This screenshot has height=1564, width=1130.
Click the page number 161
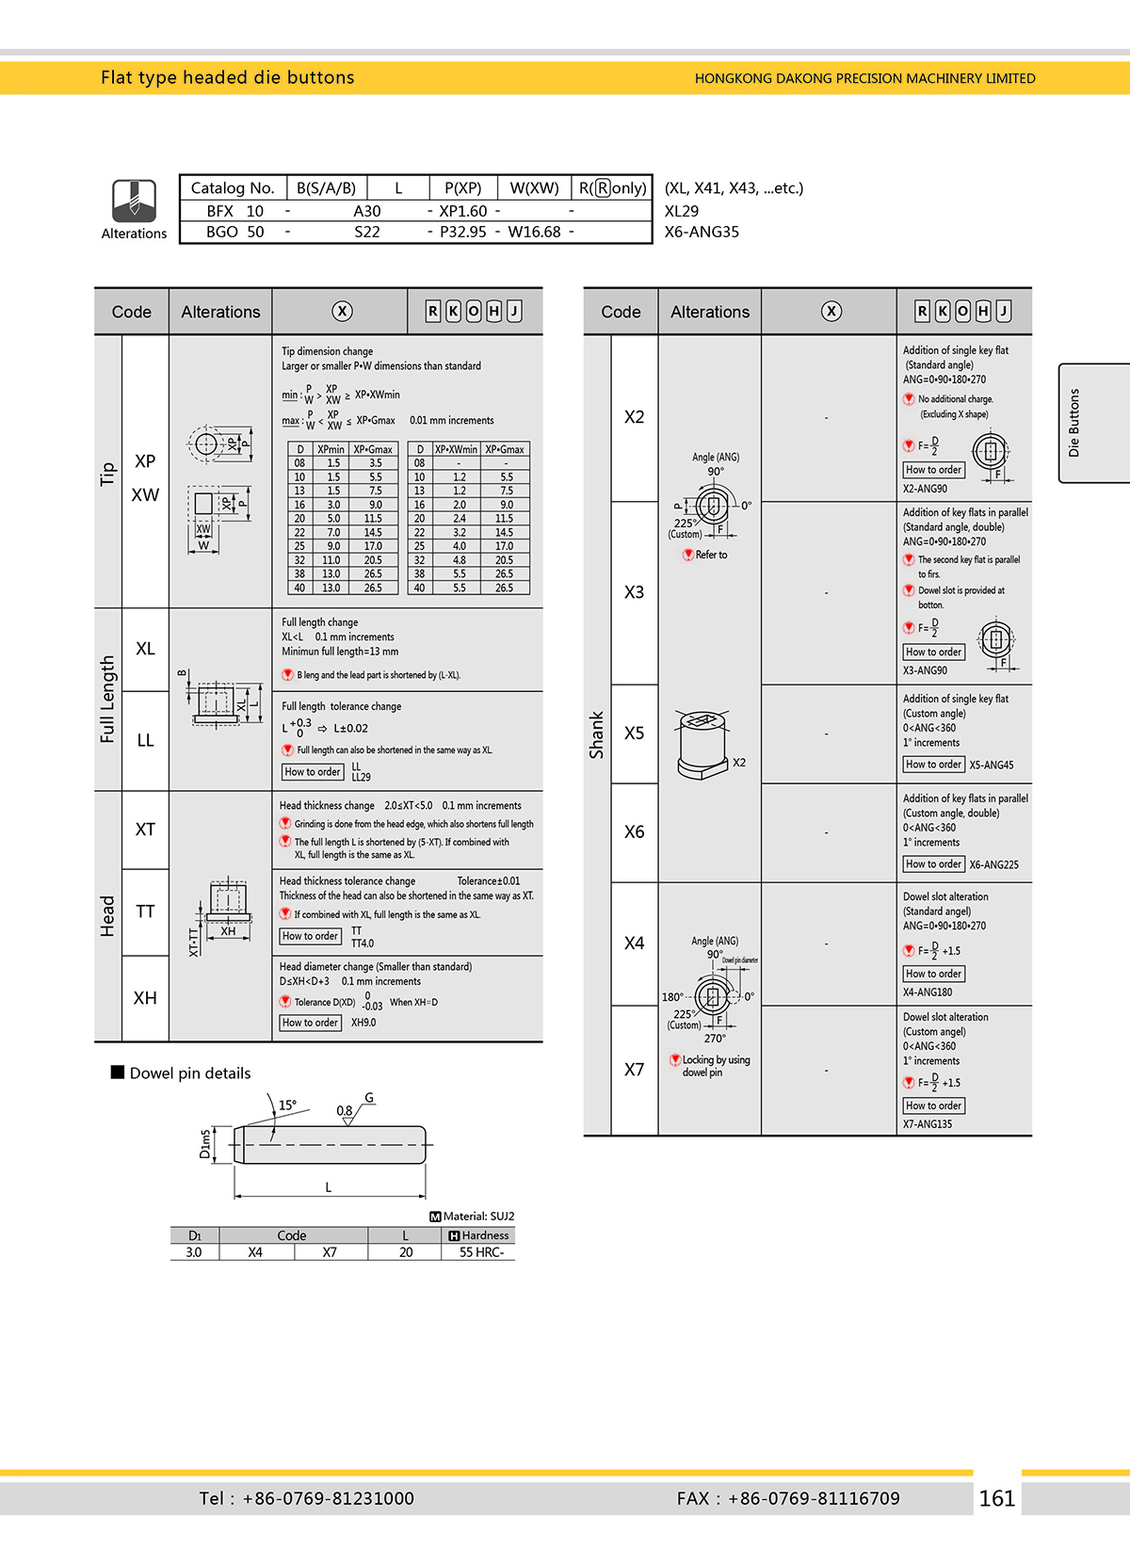pos(996,1498)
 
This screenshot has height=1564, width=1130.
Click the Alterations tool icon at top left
pos(134,200)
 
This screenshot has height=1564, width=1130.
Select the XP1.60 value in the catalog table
pos(463,211)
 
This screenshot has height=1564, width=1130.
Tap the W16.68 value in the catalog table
pos(534,232)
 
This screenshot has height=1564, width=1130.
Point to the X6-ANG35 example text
pos(702,232)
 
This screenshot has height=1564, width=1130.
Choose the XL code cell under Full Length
pos(145,649)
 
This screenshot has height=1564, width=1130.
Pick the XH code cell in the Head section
pos(145,998)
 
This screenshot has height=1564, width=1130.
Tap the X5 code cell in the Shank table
pos(635,733)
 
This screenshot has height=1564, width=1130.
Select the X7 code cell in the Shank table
pos(635,1070)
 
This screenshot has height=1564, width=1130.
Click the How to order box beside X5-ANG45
pos(933,765)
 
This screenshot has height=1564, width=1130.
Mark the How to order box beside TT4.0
pos(311,936)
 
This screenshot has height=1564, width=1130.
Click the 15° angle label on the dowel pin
pos(287,1104)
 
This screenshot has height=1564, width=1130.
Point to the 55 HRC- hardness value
pos(481,1252)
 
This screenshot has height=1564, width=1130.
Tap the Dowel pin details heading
pos(190,1073)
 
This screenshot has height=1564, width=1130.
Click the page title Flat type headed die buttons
pos(228,77)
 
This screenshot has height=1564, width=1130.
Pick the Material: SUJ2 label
pos(473,1217)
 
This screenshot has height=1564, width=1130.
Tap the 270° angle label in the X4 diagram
pos(715,1039)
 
